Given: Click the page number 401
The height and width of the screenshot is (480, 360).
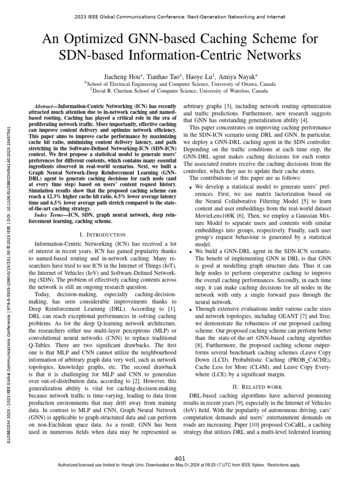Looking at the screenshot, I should [180, 458].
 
